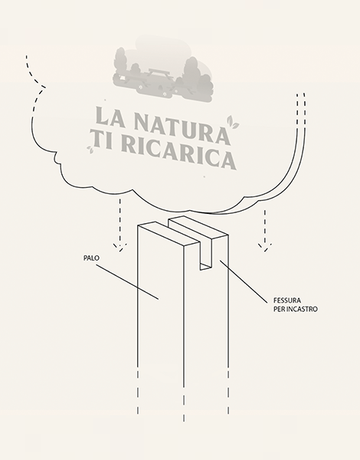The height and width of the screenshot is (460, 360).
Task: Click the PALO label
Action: [91, 258]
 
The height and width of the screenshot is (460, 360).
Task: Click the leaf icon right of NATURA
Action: [233, 122]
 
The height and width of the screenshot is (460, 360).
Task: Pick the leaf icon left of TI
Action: [90, 149]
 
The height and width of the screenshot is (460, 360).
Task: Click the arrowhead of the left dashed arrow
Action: [120, 248]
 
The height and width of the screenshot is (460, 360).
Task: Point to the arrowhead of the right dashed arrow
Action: [265, 248]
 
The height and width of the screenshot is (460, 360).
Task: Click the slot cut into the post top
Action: [206, 255]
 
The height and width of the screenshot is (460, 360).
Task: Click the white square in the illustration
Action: [121, 78]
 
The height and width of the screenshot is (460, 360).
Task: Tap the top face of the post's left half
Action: [169, 234]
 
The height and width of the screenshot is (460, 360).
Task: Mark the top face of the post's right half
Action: [198, 228]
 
